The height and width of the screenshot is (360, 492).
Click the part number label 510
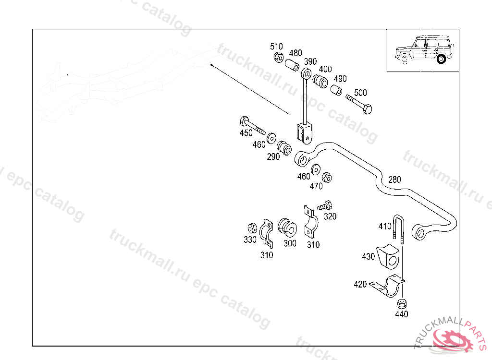pyautogui.click(x=276, y=47)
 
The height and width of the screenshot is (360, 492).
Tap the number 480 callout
pyautogui.click(x=295, y=53)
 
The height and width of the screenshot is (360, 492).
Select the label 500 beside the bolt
pyautogui.click(x=360, y=93)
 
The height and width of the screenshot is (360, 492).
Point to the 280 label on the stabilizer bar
pyautogui.click(x=394, y=180)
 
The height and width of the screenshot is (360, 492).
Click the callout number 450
pyautogui.click(x=246, y=133)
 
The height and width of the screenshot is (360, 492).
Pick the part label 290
pyautogui.click(x=273, y=156)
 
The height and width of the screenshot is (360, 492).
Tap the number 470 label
pyautogui.click(x=316, y=186)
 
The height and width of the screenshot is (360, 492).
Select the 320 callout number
pyautogui.click(x=330, y=216)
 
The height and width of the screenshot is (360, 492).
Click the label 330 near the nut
pyautogui.click(x=250, y=240)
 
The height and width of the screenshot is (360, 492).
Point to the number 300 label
pyautogui.click(x=290, y=243)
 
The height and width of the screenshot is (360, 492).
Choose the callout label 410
pyautogui.click(x=385, y=226)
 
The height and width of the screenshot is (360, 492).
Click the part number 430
pyautogui.click(x=369, y=257)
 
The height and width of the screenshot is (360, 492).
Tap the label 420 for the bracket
pyautogui.click(x=360, y=284)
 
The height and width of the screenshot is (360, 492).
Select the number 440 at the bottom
pyautogui.click(x=401, y=314)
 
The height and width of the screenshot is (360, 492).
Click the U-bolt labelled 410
pyautogui.click(x=399, y=228)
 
